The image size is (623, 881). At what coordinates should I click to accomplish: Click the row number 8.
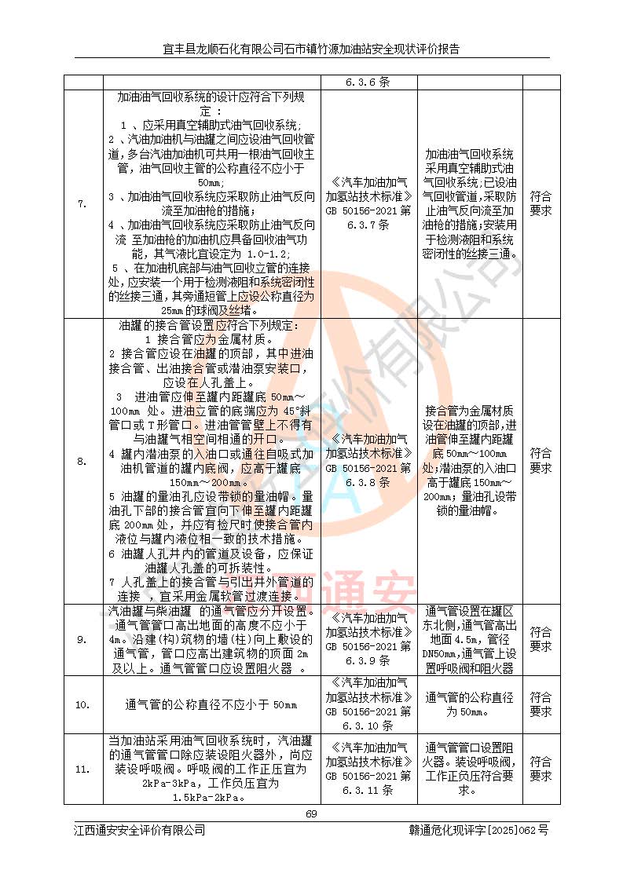[x=82, y=461]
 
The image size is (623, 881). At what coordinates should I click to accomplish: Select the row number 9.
[x=82, y=640]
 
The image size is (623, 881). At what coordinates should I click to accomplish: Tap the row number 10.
[x=82, y=704]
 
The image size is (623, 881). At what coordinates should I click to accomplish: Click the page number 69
[x=311, y=813]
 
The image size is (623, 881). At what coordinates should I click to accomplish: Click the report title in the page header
[x=311, y=49]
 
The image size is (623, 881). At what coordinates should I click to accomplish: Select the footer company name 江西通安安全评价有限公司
[x=139, y=830]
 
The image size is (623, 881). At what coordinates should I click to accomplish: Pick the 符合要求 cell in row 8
[x=541, y=461]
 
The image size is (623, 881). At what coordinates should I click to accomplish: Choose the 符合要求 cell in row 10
[x=541, y=704]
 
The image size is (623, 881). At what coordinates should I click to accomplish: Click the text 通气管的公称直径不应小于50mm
[x=211, y=704]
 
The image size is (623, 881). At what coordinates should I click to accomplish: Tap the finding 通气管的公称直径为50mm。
[x=469, y=704]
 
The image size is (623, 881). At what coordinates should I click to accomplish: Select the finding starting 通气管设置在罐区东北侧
[x=469, y=640]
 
